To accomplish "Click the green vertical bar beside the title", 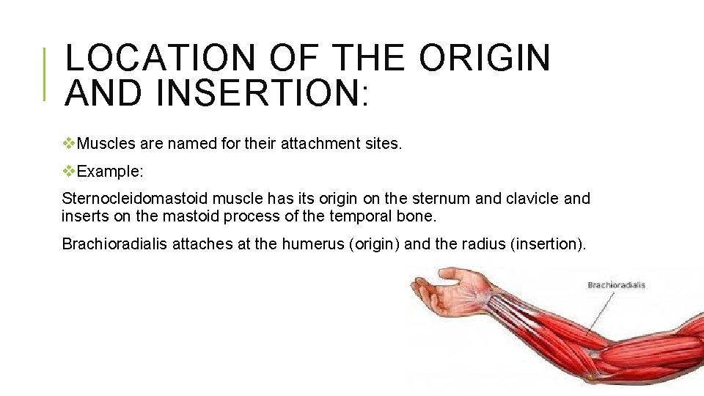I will coord(45,73).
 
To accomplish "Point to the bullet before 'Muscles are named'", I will coord(69,144).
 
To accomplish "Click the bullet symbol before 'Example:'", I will coord(69,171).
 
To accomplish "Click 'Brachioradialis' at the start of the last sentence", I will coord(114,244).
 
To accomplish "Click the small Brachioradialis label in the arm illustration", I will coord(615,285).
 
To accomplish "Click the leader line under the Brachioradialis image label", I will coord(600,312).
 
